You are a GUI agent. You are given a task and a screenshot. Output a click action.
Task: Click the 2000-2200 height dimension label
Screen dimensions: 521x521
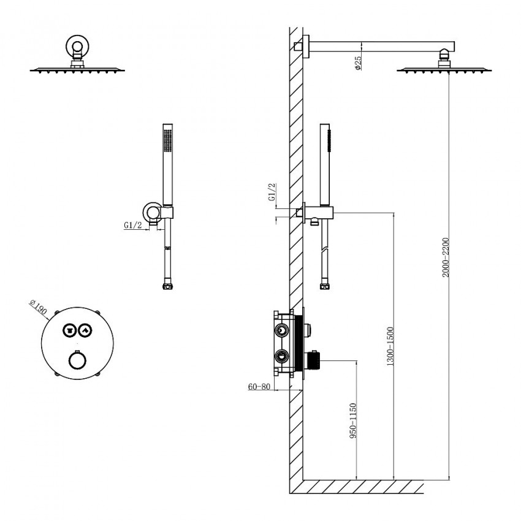[x=446, y=257]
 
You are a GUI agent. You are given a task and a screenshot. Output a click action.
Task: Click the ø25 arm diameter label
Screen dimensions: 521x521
[x=358, y=63]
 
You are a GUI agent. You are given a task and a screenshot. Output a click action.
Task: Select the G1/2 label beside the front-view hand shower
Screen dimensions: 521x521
[x=133, y=226]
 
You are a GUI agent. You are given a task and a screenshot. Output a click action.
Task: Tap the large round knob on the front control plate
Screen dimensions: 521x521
[x=76, y=360]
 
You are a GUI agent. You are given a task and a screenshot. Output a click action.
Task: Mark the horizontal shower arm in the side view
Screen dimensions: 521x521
[x=380, y=45]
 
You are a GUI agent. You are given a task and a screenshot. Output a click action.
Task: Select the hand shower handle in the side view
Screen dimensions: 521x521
[x=326, y=162]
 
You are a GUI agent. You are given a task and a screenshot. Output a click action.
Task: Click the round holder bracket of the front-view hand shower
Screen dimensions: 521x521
[x=150, y=211]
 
